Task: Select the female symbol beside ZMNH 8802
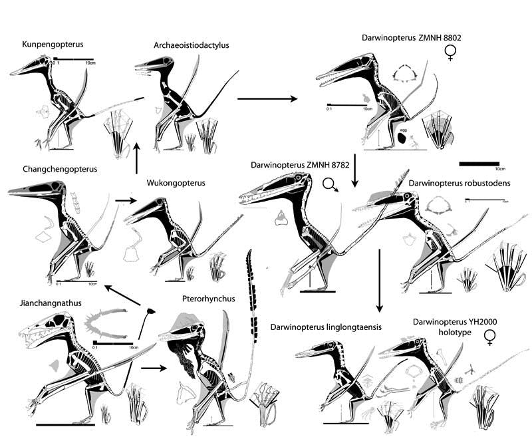(x=451, y=53)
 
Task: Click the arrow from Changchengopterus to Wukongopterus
(x=123, y=198)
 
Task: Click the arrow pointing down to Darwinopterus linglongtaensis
(x=379, y=280)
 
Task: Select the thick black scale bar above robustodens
(x=479, y=163)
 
